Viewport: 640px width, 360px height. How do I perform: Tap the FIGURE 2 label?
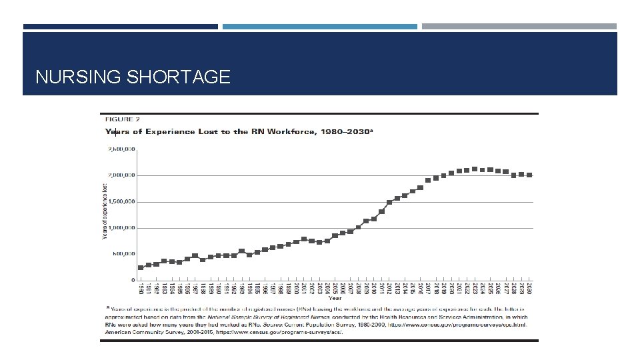pos(121,119)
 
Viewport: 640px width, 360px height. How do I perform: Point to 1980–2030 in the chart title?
pos(346,131)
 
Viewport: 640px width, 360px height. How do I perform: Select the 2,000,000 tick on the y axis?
pos(122,175)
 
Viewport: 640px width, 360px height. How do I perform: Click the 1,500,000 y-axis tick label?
pos(122,201)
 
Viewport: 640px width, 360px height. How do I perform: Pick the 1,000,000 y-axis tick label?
pos(122,228)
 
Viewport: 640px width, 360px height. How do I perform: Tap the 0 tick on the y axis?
pos(133,280)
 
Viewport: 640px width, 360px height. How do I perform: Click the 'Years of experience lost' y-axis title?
pos(104,212)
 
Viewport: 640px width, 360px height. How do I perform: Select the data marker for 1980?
pos(141,267)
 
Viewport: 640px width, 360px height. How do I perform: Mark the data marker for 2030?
pos(529,175)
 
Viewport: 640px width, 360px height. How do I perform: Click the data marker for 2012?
pos(389,202)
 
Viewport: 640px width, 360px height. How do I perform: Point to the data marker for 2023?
pos(475,169)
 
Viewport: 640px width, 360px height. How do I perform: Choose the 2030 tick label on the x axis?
pos(529,288)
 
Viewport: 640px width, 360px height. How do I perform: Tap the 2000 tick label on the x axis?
pos(296,288)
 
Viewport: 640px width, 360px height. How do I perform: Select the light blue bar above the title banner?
pos(319,27)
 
